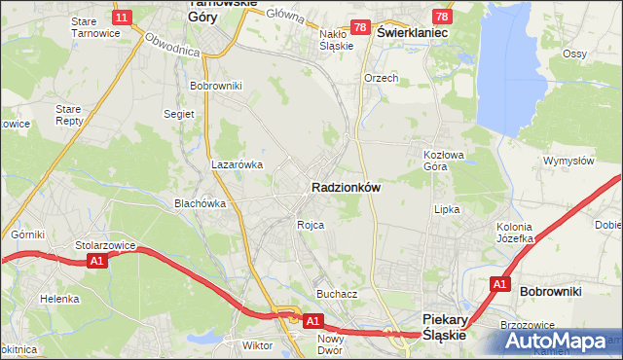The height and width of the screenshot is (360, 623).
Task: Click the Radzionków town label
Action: point(345,186)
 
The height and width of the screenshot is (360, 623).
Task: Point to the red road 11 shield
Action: point(123,18)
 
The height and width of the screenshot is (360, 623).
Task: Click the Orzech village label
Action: point(381,78)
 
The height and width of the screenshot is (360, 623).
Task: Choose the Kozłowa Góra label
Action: point(440,161)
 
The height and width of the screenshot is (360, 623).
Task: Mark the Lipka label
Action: point(446,209)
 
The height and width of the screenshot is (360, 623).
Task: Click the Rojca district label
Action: point(311,225)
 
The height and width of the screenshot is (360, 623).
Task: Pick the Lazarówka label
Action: point(238,164)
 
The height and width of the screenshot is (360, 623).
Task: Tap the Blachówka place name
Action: point(200,203)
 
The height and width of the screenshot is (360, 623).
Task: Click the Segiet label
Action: point(179,113)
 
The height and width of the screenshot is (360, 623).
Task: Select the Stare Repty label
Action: point(69,116)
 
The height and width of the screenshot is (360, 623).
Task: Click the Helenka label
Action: point(59,299)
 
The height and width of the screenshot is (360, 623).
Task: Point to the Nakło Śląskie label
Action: point(336,38)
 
